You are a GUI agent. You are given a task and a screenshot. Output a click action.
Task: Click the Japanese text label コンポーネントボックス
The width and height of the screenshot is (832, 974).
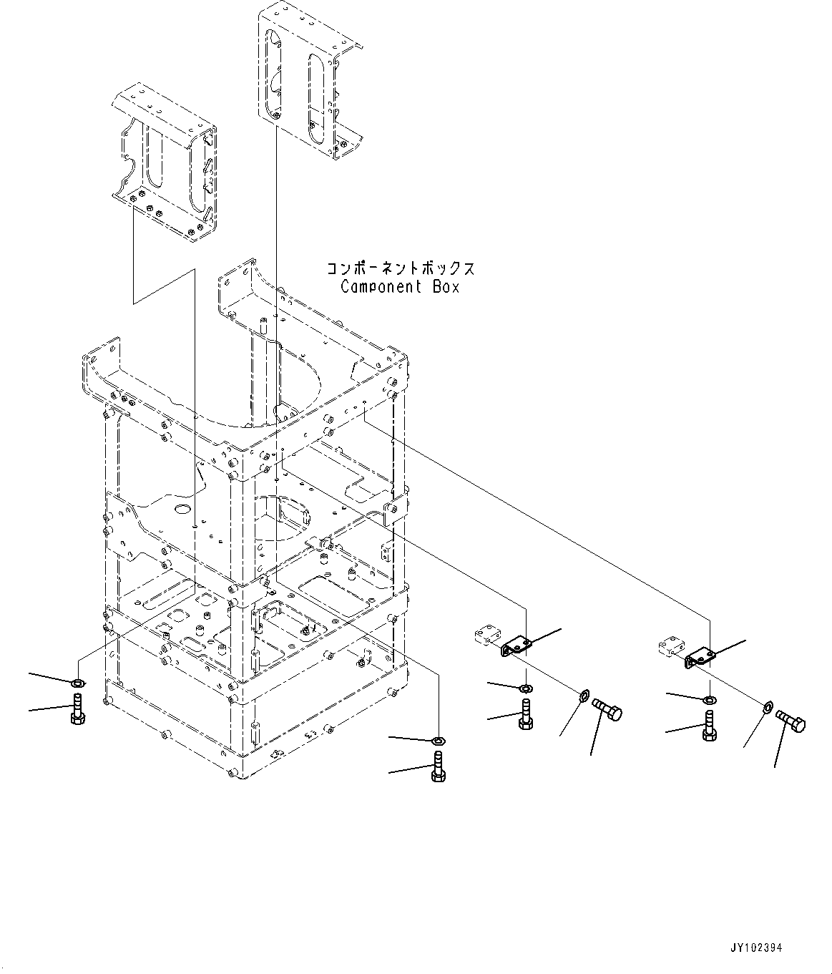click(401, 269)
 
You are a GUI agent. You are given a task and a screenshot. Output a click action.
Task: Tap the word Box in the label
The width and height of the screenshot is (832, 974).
click(445, 287)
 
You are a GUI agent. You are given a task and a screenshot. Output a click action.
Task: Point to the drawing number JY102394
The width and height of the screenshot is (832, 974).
click(756, 948)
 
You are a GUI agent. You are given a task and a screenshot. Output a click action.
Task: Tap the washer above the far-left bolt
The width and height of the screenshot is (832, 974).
click(77, 680)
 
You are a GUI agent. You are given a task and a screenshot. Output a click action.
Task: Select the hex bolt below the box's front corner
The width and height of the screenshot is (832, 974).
click(438, 768)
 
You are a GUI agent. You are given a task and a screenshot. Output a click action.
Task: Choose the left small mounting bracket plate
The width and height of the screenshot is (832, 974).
click(517, 646)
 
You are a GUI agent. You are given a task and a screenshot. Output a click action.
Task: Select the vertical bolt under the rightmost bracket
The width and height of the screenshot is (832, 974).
click(709, 726)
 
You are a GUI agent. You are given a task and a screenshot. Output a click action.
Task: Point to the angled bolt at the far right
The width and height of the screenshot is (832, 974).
click(791, 720)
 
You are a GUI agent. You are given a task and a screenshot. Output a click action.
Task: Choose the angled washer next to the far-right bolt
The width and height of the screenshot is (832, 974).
click(767, 708)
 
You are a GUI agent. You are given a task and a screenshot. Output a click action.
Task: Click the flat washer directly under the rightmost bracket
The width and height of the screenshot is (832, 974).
click(709, 698)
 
